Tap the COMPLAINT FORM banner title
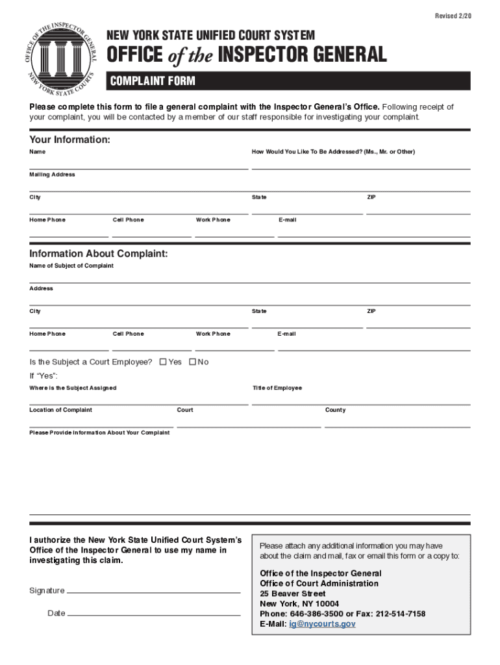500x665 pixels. tap(153, 81)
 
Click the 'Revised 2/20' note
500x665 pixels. tap(453, 15)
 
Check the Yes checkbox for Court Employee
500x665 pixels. tap(163, 362)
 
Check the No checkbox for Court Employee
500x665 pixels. tap(192, 362)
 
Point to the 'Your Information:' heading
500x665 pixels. tap(69, 140)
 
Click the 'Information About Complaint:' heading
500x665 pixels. tap(98, 253)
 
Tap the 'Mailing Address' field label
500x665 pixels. tap(52, 175)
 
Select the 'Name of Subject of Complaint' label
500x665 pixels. tap(71, 266)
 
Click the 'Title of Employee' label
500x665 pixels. tap(277, 388)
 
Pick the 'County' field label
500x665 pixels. tap(336, 410)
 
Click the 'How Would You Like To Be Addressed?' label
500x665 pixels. tap(333, 152)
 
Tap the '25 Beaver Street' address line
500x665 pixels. tap(293, 594)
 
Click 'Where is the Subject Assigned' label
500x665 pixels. tap(73, 388)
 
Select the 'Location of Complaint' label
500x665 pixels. tap(60, 410)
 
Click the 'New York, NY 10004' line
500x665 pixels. tap(299, 604)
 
